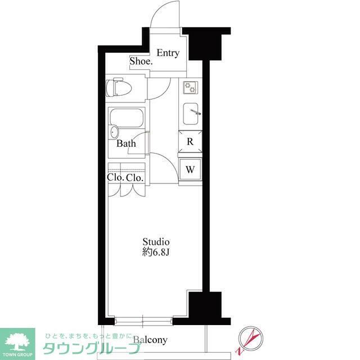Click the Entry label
point(168,53)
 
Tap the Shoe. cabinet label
point(141,61)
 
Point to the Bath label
point(126,143)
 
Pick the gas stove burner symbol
point(191,87)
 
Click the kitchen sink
point(191,116)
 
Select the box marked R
point(190,142)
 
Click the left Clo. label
point(115,178)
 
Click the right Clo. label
point(134,178)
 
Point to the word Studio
point(155,242)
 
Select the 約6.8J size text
point(155,253)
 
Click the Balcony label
point(150,340)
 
